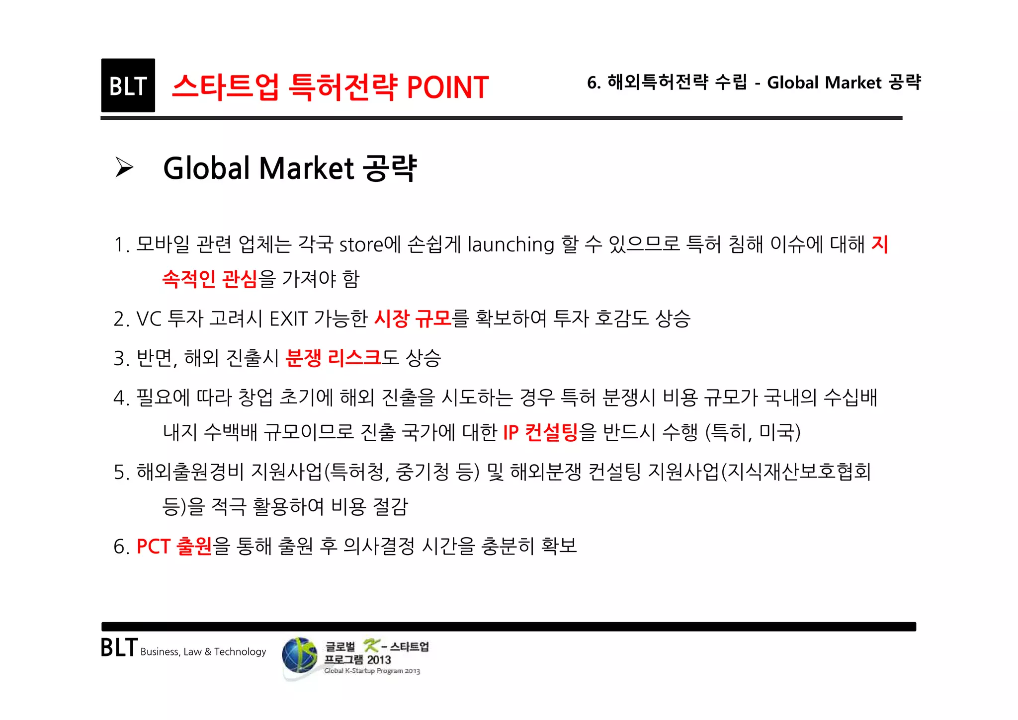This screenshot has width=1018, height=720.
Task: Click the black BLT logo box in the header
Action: pyautogui.click(x=128, y=85)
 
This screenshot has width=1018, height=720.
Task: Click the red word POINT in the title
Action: pyautogui.click(x=447, y=87)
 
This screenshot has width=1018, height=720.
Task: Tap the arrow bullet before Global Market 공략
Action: pyautogui.click(x=124, y=167)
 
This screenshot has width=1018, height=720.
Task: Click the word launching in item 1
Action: pyautogui.click(x=510, y=245)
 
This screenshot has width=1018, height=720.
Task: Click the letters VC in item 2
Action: pyautogui.click(x=149, y=319)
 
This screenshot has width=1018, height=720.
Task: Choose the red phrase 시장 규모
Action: pyautogui.click(x=412, y=318)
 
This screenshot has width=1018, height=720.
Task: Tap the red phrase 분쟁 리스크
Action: pyautogui.click(x=333, y=358)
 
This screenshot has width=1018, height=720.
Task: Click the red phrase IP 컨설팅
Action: pyautogui.click(x=540, y=432)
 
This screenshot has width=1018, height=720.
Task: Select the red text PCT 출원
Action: pyautogui.click(x=174, y=546)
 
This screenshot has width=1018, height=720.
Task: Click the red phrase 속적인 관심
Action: pyautogui.click(x=210, y=279)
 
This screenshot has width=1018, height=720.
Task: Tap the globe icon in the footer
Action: pyautogui.click(x=299, y=656)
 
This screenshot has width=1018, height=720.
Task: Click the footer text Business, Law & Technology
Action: pyautogui.click(x=203, y=652)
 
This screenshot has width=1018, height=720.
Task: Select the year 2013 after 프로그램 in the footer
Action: pyautogui.click(x=379, y=660)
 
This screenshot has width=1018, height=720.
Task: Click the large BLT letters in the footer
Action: pyautogui.click(x=119, y=647)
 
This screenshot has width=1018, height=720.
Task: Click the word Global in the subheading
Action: pyautogui.click(x=207, y=168)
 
